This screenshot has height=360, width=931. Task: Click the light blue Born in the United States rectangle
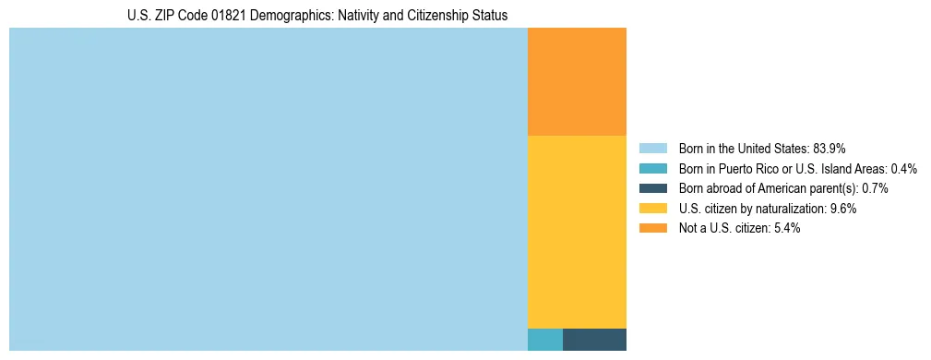point(268,189)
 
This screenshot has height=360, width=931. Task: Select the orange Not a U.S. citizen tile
point(577,81)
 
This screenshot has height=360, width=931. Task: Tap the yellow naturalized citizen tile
point(577,231)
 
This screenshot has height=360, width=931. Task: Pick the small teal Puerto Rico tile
point(544,339)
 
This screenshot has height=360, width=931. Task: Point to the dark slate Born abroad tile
point(594,339)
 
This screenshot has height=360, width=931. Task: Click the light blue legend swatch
point(653,148)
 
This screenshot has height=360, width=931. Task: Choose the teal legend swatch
point(653,168)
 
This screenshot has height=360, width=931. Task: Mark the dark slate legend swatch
point(653,188)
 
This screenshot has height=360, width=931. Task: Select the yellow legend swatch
point(653,209)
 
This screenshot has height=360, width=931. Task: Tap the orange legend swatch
point(653,229)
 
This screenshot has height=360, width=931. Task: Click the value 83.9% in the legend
point(830,148)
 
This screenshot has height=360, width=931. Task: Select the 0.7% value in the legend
point(875,188)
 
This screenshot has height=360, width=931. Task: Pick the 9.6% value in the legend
point(843,209)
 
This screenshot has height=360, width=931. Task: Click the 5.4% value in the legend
point(787,229)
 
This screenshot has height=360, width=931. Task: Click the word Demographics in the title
point(281,16)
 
